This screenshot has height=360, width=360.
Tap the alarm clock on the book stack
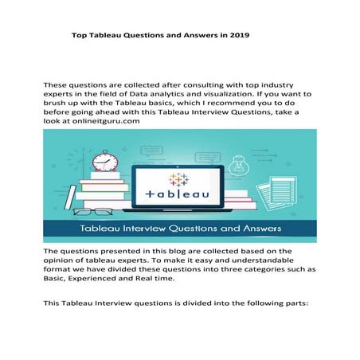104,160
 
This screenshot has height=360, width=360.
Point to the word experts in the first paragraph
61,92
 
